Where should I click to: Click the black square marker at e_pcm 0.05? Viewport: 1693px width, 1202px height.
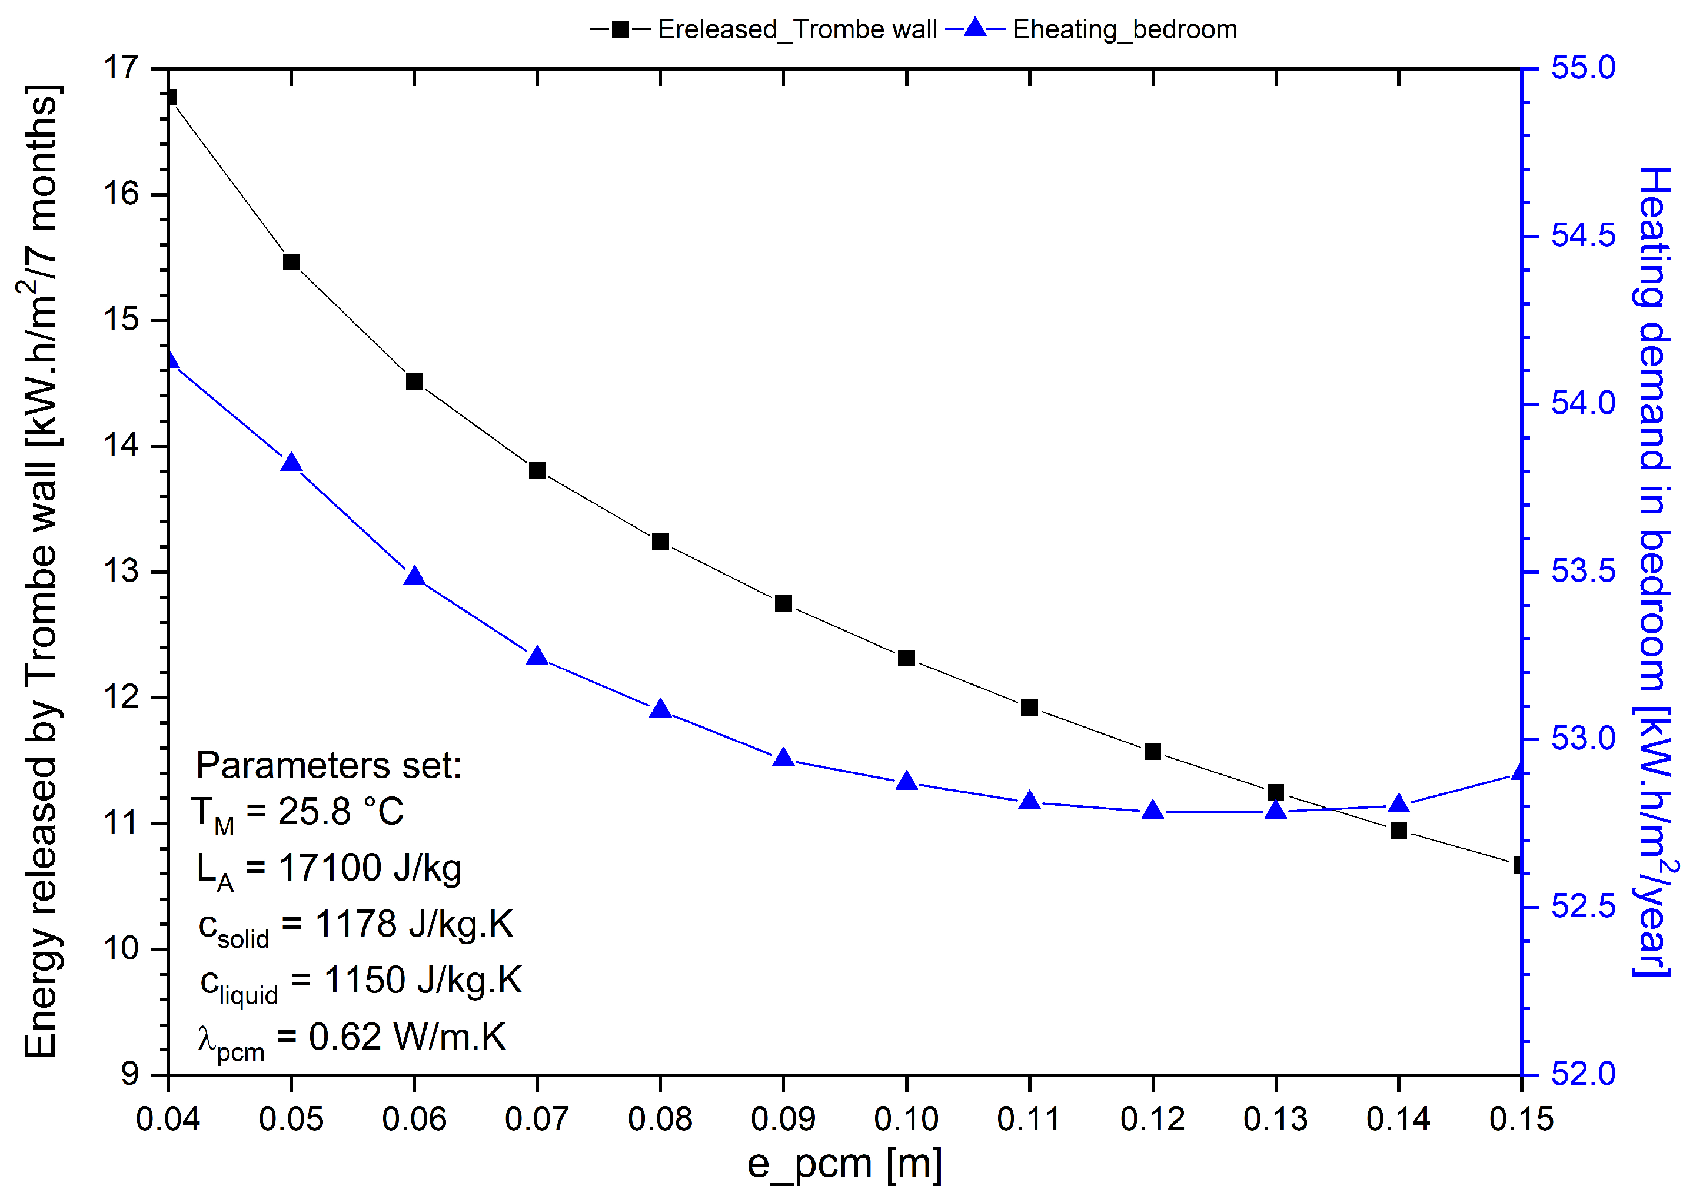pos(291,262)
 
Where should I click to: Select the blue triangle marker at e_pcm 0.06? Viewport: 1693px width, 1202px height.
pos(414,577)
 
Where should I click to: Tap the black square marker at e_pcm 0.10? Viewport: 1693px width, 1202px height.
pos(906,658)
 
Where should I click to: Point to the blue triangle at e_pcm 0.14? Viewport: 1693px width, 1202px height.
pos(1399,804)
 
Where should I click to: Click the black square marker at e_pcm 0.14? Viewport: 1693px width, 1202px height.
pos(1399,831)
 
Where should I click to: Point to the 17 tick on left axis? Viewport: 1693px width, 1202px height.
pos(121,68)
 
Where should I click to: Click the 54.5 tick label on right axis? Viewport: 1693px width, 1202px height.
pos(1583,236)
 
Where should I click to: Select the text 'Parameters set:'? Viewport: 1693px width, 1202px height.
pos(328,765)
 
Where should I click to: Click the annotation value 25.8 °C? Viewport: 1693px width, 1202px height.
pos(340,812)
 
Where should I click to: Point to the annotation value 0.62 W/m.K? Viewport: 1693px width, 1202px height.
pos(407,1037)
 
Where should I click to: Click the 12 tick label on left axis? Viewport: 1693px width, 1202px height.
pos(121,697)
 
